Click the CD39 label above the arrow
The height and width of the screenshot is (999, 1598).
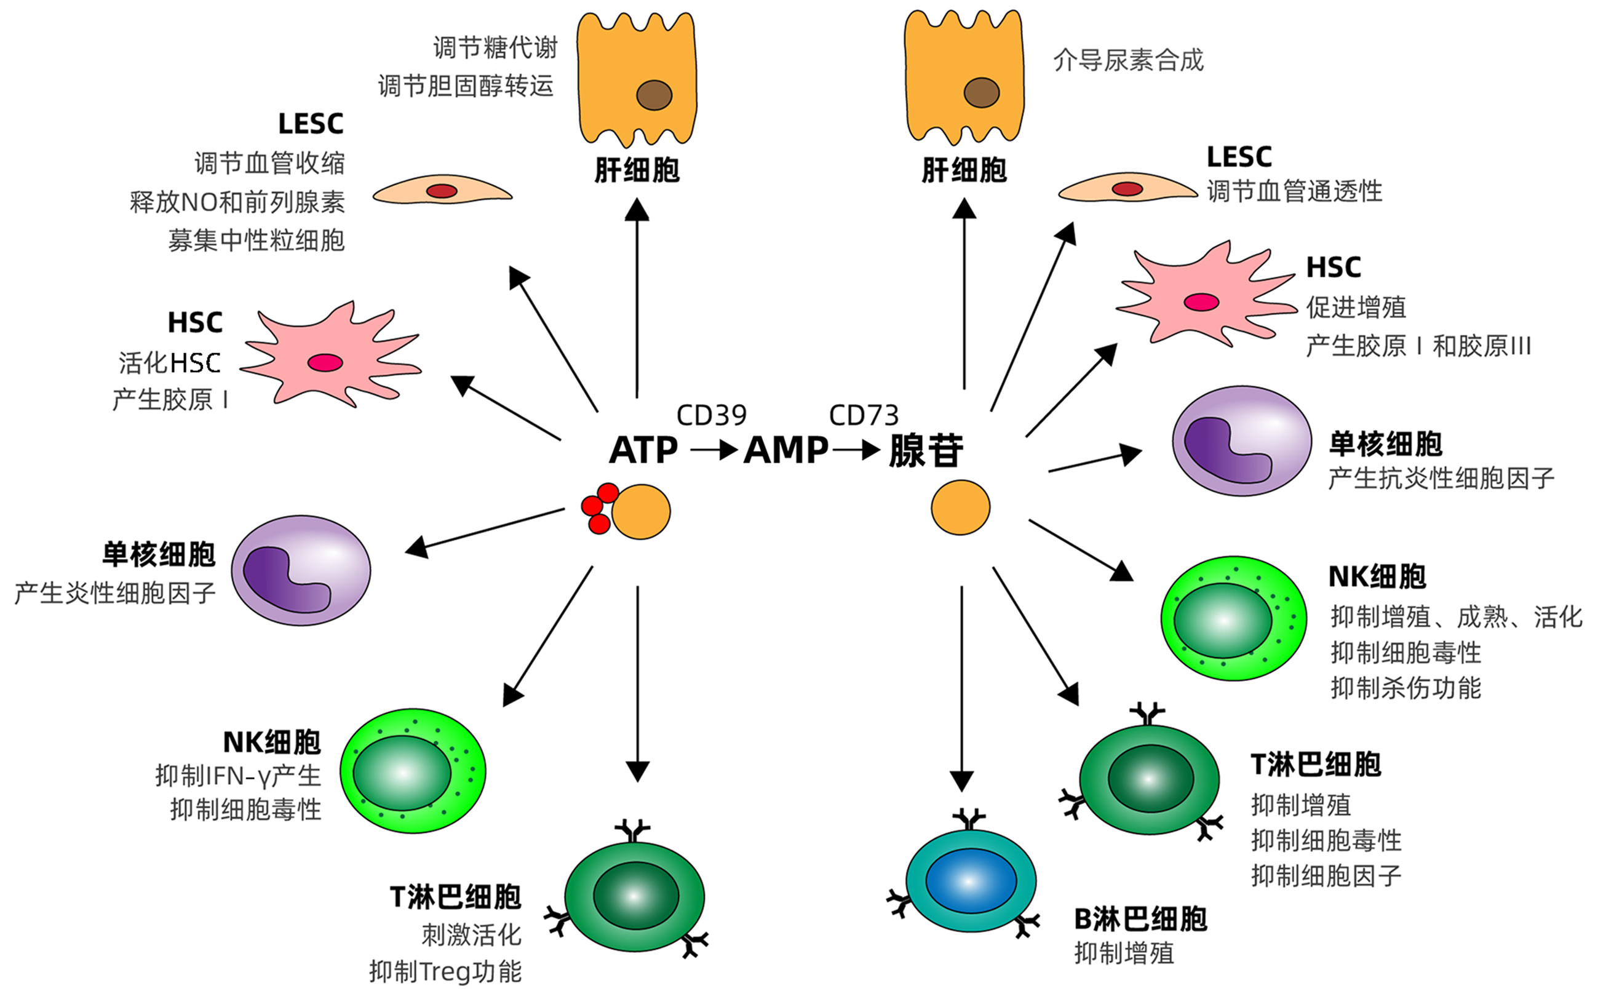click(x=712, y=416)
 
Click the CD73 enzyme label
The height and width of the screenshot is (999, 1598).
click(x=864, y=416)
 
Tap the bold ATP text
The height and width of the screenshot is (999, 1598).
click(x=643, y=451)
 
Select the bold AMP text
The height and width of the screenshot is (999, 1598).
click(x=785, y=451)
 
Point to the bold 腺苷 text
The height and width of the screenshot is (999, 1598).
click(x=926, y=452)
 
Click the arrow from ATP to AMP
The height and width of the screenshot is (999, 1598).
click(x=714, y=451)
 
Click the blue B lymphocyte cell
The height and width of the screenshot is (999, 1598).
click(x=971, y=881)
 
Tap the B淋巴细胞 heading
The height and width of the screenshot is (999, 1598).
click(x=1140, y=919)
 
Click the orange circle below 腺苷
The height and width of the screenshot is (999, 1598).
click(x=961, y=507)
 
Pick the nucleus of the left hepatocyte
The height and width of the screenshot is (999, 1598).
click(x=654, y=95)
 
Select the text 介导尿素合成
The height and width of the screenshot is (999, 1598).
click(x=1128, y=60)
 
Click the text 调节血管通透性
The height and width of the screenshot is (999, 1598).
click(x=1294, y=191)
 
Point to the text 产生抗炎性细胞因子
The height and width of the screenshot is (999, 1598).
click(x=1441, y=478)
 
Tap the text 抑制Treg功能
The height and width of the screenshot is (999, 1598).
click(x=445, y=971)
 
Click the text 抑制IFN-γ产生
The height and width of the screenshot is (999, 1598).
click(x=238, y=776)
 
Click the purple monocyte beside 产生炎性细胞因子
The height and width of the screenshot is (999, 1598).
click(x=301, y=570)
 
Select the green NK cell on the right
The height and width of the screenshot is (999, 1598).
click(x=1233, y=618)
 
